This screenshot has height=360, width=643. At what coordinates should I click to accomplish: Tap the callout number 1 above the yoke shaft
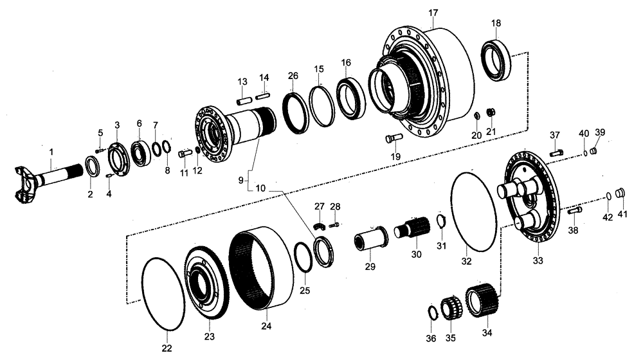[52, 152]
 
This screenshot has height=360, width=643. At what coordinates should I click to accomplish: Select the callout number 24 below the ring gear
[266, 326]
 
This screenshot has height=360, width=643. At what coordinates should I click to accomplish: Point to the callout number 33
[538, 261]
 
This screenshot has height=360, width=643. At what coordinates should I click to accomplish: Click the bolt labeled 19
[393, 137]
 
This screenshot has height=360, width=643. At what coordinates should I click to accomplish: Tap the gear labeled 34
[479, 300]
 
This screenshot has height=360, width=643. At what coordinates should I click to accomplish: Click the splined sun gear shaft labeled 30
[411, 228]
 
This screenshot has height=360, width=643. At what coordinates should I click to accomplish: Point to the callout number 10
[260, 189]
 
